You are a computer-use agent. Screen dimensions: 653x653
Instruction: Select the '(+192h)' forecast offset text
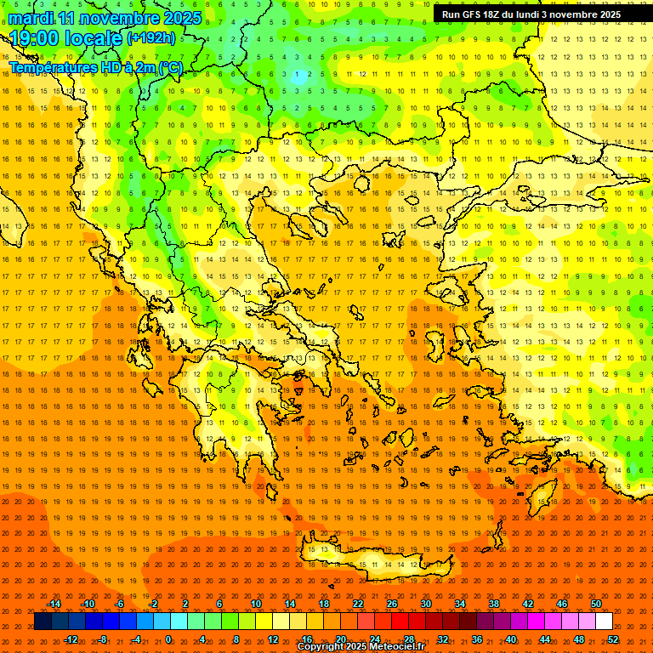coord(151,37)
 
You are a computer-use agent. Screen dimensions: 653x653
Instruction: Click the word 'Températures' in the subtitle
coord(52,67)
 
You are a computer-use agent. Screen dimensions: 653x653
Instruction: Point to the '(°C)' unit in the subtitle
coord(170,67)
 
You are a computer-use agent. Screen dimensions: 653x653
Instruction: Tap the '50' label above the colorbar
coord(595,604)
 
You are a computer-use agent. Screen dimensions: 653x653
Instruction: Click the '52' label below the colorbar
coord(613,639)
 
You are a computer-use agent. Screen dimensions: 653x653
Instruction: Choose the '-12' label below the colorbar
coord(71,639)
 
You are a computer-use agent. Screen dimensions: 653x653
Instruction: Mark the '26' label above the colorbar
coord(392,604)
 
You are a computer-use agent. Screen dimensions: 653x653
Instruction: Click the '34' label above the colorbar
coord(460,604)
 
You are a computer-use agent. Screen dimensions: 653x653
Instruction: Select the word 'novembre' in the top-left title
coord(116,18)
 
